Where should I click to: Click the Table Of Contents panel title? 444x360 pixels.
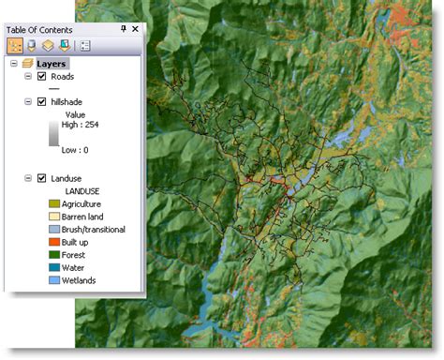pyautogui.click(x=45, y=29)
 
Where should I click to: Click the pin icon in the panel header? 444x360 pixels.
pyautogui.click(x=123, y=29)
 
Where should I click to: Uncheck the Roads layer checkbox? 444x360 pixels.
pyautogui.click(x=41, y=76)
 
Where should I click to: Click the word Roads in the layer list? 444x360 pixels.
pyautogui.click(x=63, y=76)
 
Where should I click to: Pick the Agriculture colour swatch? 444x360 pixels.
pyautogui.click(x=53, y=203)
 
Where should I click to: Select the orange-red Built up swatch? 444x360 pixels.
pyautogui.click(x=53, y=242)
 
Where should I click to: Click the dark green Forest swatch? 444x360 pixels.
pyautogui.click(x=53, y=254)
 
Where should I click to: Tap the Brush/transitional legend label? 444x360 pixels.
pyautogui.click(x=95, y=229)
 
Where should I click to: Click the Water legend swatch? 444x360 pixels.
pyautogui.click(x=53, y=267)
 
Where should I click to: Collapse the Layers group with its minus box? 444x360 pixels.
pyautogui.click(x=14, y=63)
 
